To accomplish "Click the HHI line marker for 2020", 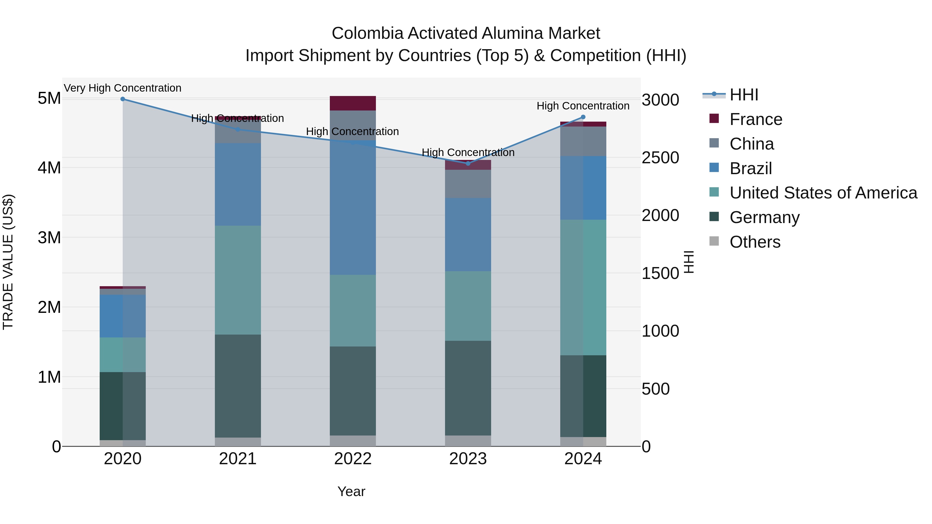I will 123,99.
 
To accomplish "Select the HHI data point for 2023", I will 468,164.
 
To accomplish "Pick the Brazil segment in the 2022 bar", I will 353,208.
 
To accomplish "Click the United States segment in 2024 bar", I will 583,287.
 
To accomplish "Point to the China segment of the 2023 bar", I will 468,184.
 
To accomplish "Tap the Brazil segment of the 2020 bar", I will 123,316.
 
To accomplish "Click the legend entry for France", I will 755,119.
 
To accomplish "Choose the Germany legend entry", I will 764,217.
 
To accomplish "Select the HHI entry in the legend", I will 744,95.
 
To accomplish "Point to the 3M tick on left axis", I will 49,238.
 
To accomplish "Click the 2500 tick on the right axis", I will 660,158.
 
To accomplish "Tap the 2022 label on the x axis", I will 353,459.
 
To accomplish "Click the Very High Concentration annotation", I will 123,88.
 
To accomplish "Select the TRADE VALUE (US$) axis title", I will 8,262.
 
